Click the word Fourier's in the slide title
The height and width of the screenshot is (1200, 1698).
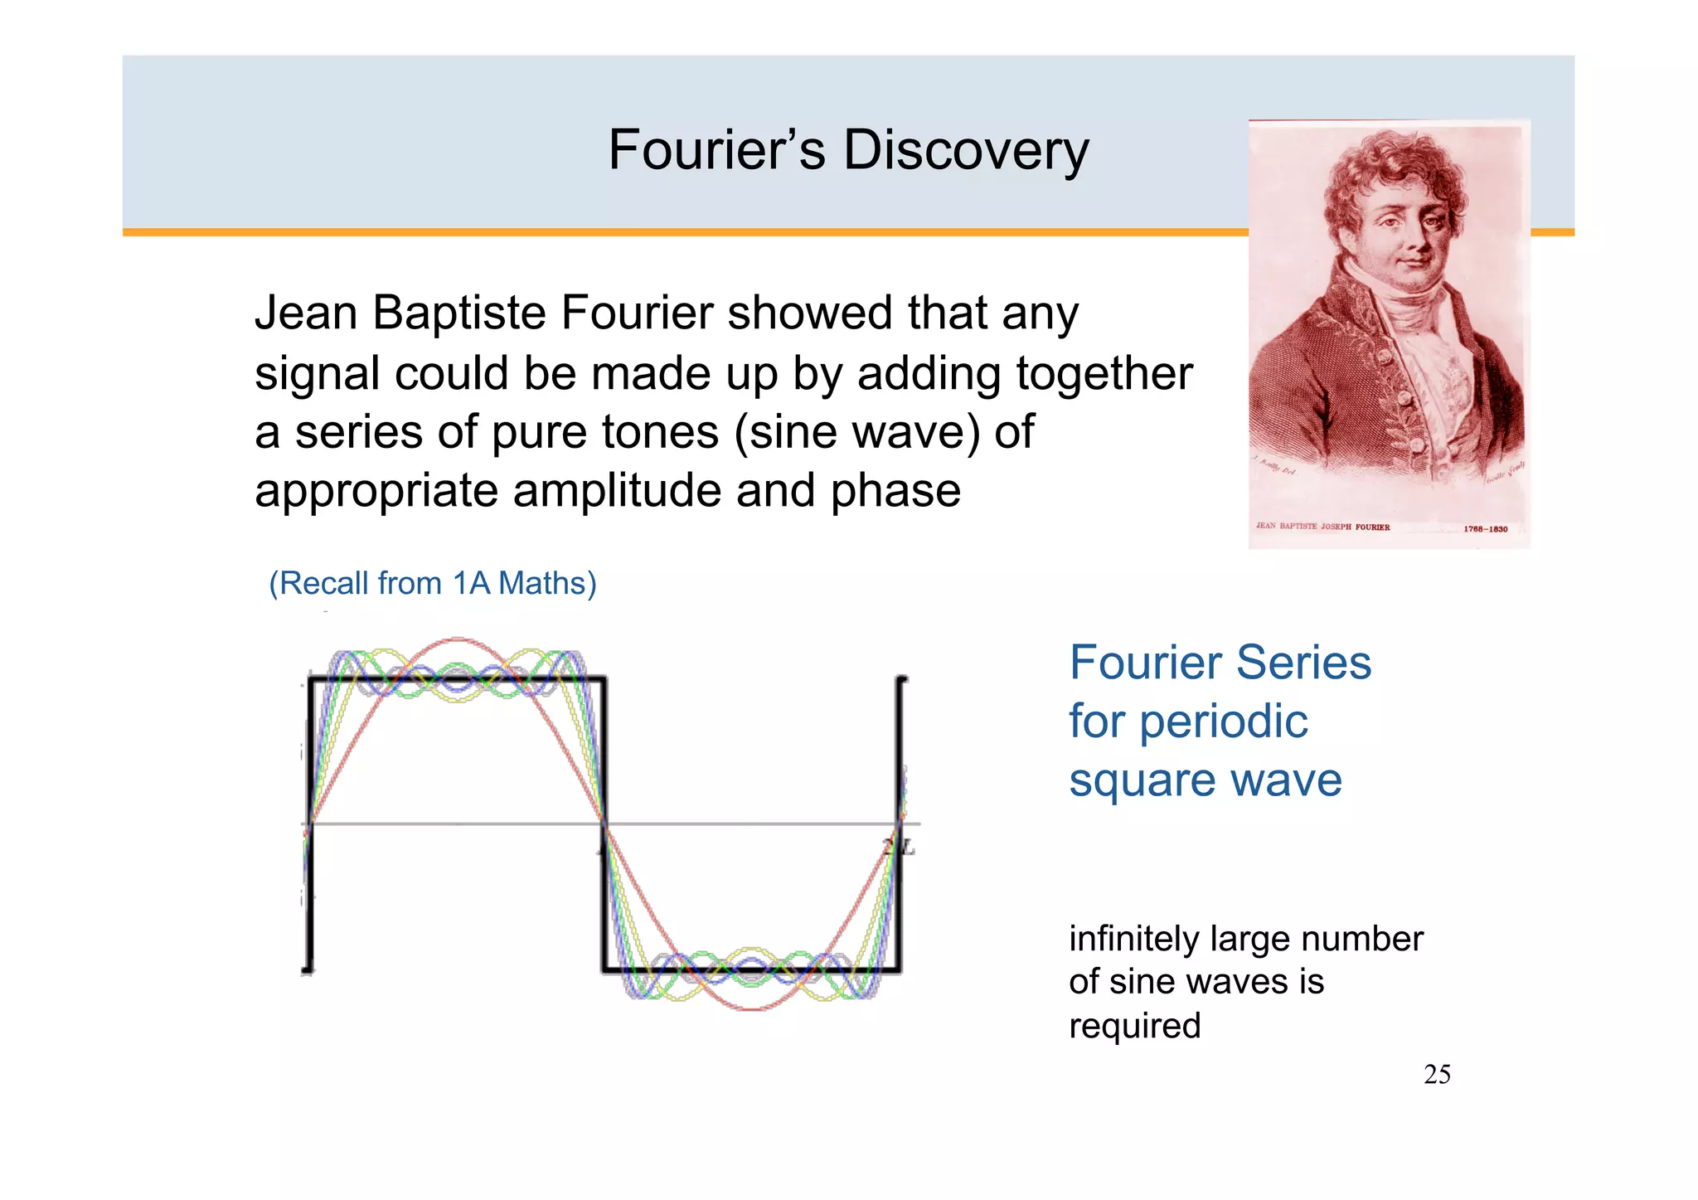pos(716,151)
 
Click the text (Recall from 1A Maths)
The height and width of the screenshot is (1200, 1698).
pos(432,583)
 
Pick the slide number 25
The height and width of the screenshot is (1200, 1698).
pos(1437,1075)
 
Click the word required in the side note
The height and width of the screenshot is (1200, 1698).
pos(1134,1027)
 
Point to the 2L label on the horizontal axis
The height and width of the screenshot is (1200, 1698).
pos(899,847)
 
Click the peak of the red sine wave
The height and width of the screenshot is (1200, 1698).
pos(456,640)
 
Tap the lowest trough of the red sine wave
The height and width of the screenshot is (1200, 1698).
pos(752,1008)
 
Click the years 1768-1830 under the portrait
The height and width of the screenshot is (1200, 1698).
pos(1485,528)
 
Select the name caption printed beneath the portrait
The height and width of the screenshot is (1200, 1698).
pos(1322,526)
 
